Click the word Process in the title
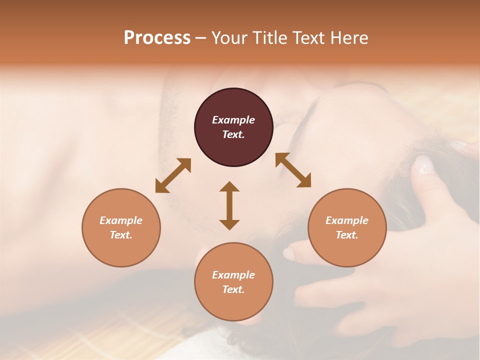[x=157, y=38]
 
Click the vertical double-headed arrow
[x=229, y=205]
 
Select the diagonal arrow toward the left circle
[x=173, y=175]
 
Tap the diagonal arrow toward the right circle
[x=293, y=170]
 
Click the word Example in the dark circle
[x=233, y=120]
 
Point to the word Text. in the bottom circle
[x=233, y=289]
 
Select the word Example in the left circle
[x=121, y=220]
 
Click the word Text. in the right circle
[x=347, y=235]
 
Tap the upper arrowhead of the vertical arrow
[x=229, y=186]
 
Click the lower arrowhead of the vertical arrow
[x=229, y=224]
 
